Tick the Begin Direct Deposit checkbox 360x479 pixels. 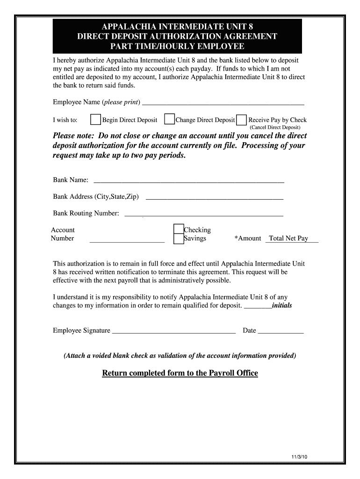95,120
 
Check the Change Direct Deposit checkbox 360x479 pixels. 169,120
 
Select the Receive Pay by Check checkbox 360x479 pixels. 242,120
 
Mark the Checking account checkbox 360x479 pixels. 178,229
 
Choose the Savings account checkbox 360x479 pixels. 178,239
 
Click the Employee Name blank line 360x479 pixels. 223,103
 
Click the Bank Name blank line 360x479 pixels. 189,181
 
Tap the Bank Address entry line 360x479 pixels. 215,197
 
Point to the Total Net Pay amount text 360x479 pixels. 288,239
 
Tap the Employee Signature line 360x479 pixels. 174,332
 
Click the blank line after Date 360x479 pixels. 281,332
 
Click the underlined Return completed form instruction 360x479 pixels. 180,373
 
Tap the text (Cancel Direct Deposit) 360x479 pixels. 275,127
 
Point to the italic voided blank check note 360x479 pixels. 180,356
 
